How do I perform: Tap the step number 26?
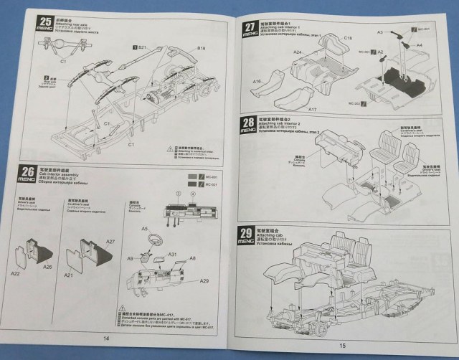pyautogui.click(x=27, y=172)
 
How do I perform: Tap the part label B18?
pyautogui.click(x=201, y=48)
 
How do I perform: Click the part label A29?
pyautogui.click(x=204, y=280)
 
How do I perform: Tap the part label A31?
pyautogui.click(x=173, y=255)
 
